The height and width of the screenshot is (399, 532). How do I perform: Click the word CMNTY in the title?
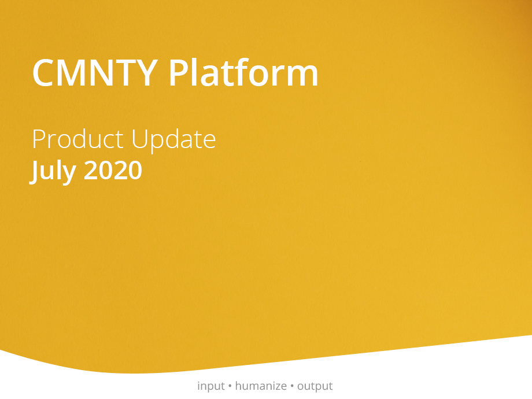95,73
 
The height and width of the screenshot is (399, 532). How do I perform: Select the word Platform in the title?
243,72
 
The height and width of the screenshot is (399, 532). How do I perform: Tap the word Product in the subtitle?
77,139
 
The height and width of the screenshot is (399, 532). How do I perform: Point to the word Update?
173,141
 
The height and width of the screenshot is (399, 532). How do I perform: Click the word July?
53,171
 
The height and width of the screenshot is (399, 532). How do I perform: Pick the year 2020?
113,171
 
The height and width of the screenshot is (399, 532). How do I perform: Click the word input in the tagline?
210,386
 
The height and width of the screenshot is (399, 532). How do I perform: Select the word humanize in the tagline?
261,386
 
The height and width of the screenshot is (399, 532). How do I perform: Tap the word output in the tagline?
315,387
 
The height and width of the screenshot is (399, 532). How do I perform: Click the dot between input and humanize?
230,386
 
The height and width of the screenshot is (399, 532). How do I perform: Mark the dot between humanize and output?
292,386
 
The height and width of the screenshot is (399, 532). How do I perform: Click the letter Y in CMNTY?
146,73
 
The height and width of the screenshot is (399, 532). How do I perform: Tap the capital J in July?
34,172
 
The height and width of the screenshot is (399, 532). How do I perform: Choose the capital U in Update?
139,139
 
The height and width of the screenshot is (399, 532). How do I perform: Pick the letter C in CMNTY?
43,73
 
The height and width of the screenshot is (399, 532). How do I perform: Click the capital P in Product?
39,139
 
